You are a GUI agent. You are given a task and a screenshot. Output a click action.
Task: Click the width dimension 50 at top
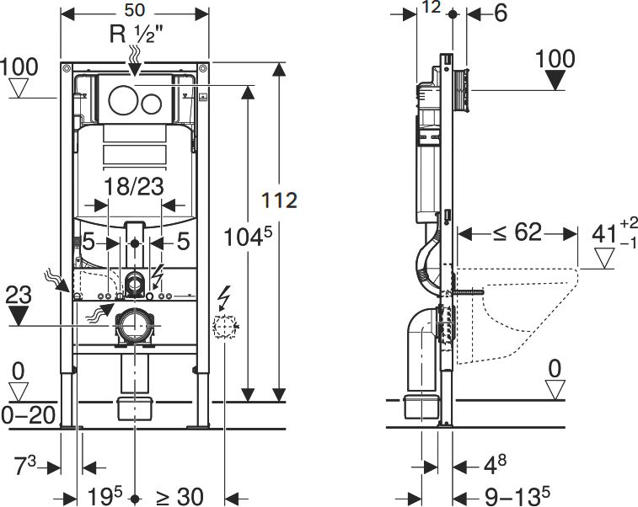[x=135, y=11]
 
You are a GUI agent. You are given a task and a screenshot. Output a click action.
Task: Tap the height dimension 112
[x=279, y=200]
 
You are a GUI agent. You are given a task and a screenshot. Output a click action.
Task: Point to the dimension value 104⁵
[x=248, y=237]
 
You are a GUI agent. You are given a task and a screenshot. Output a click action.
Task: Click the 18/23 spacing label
[x=134, y=187]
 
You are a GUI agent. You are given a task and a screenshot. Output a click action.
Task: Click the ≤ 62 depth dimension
[x=517, y=232]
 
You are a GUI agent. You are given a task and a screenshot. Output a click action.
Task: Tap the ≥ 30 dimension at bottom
[x=180, y=496]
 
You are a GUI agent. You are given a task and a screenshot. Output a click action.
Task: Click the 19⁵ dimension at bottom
[x=105, y=495]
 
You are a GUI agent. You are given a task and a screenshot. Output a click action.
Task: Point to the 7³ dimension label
[x=25, y=465]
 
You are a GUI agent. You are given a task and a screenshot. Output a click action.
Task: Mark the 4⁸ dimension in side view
[x=496, y=465]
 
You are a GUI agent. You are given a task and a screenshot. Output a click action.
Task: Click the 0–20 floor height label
[x=29, y=415]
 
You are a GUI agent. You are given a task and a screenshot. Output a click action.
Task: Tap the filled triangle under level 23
[x=19, y=315]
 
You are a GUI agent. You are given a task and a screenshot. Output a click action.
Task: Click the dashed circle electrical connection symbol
[x=224, y=326]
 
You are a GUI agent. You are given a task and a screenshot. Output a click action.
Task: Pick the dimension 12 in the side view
[x=431, y=7]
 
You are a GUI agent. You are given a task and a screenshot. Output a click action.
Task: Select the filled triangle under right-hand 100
[x=555, y=80]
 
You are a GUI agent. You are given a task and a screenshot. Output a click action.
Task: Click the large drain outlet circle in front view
[x=134, y=325]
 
